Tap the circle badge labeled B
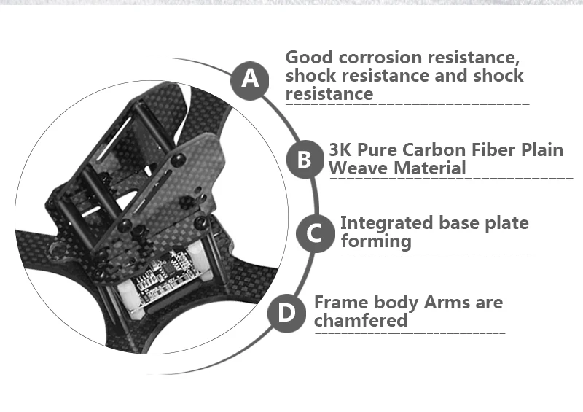coord(304,160)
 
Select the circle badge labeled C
coord(315,234)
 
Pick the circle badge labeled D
coord(287,314)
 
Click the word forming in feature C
coord(376,241)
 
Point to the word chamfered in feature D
coord(361,321)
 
